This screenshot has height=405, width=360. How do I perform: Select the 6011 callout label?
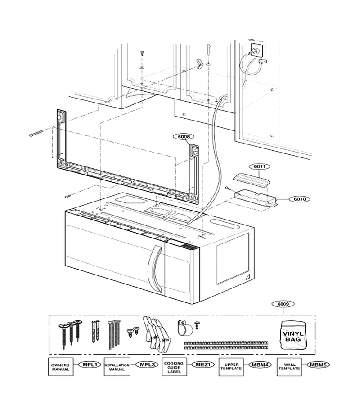click(x=260, y=166)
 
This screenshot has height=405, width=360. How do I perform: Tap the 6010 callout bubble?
click(x=300, y=199)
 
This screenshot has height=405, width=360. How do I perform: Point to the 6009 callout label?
click(x=283, y=304)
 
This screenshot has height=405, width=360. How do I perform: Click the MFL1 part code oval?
click(x=90, y=364)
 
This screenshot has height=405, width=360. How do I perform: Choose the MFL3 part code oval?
click(x=147, y=364)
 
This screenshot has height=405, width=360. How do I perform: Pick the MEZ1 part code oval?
click(x=203, y=364)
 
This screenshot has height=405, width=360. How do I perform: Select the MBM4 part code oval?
click(x=260, y=364)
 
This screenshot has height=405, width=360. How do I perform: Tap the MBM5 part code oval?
click(x=318, y=364)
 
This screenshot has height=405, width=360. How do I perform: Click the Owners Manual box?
click(x=60, y=367)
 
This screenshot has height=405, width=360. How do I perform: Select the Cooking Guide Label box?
click(x=174, y=367)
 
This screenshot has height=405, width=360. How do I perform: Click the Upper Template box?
click(x=231, y=367)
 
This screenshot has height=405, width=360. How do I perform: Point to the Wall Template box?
click(x=289, y=367)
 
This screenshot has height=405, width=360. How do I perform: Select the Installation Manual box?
click(x=117, y=367)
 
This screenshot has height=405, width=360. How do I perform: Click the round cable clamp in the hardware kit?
click(x=185, y=328)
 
